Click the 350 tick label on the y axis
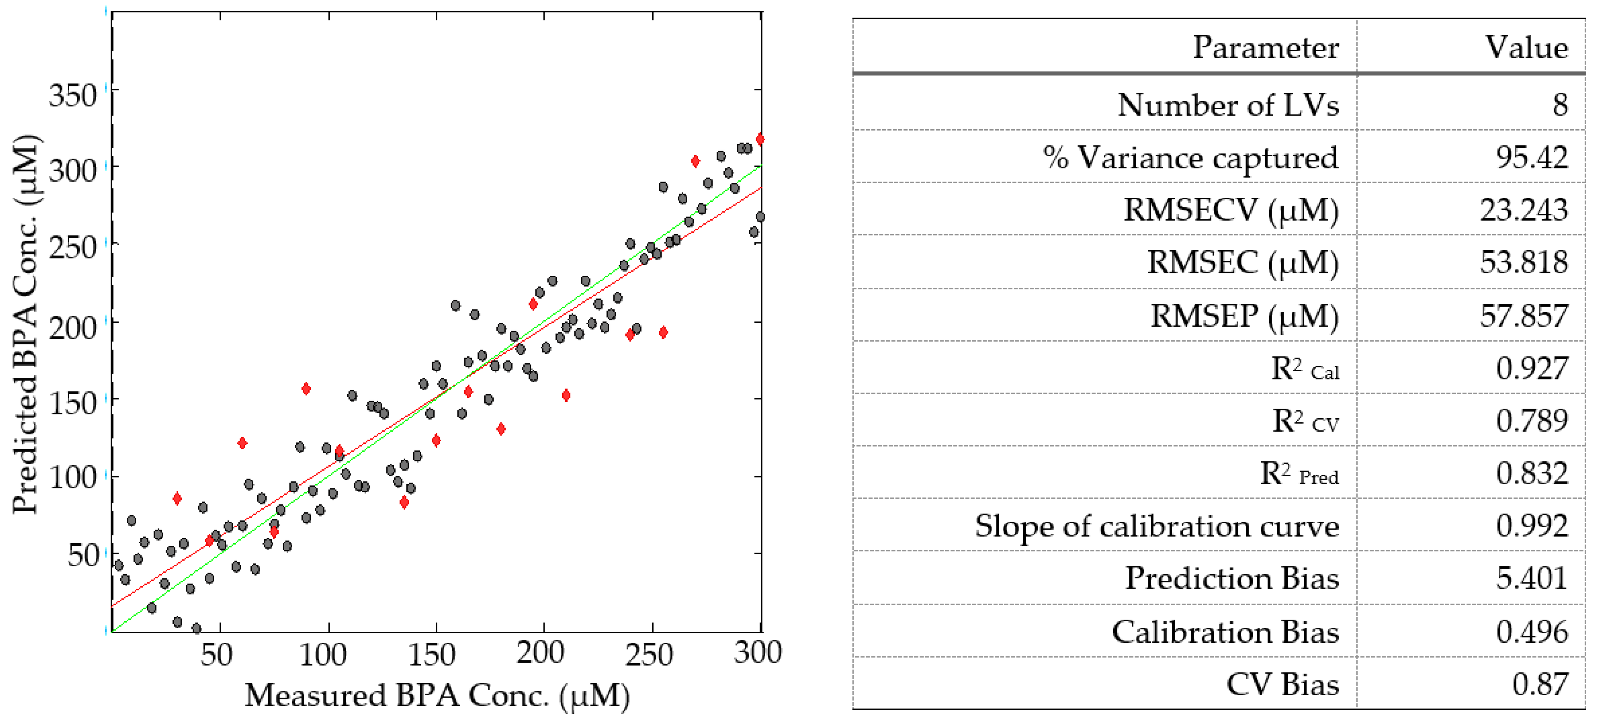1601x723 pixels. click(73, 96)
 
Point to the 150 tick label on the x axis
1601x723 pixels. click(431, 654)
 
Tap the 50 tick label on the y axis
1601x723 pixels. click(83, 555)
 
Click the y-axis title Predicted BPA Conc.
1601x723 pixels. click(26, 323)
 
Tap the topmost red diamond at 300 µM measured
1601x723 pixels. click(760, 139)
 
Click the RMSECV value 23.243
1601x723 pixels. click(1523, 210)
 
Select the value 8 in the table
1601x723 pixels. click(1559, 105)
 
